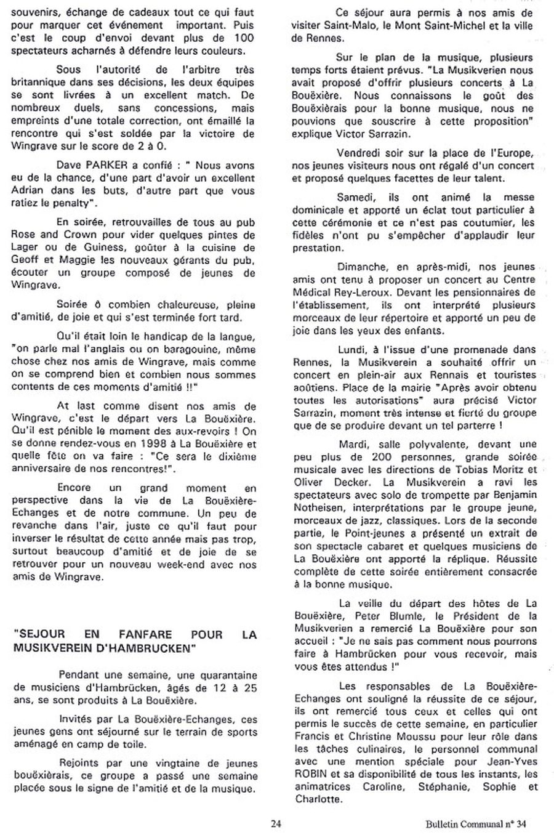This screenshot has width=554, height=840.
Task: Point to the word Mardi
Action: (x=352, y=444)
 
